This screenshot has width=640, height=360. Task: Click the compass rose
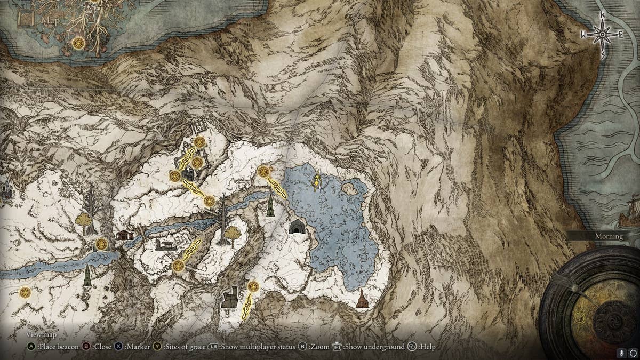(x=602, y=35)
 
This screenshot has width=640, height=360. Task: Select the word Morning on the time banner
(x=609, y=236)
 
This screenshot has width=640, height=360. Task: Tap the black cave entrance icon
(x=297, y=227)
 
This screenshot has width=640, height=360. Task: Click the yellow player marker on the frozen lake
(x=317, y=182)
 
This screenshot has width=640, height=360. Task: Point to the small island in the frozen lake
(x=350, y=188)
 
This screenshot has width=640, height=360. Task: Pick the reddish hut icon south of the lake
(x=362, y=299)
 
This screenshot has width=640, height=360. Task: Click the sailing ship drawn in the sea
(x=630, y=213)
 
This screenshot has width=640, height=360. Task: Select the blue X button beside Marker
(x=118, y=347)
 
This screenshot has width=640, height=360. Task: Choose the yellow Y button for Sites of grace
(x=157, y=347)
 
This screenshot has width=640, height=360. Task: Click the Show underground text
(x=374, y=347)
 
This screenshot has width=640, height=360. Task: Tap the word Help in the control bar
(x=427, y=347)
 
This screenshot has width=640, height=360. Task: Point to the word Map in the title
(x=51, y=21)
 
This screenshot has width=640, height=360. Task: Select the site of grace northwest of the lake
(x=263, y=172)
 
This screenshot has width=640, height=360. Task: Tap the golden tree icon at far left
(x=83, y=219)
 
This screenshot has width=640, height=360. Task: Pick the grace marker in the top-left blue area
(x=79, y=43)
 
